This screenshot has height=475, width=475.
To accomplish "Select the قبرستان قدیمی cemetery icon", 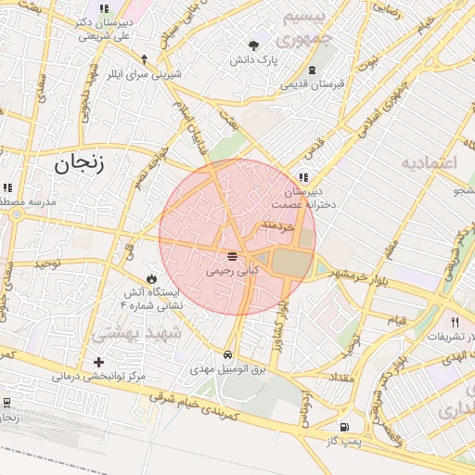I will (313, 69).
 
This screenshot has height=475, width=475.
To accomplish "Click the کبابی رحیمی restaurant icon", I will (231, 256).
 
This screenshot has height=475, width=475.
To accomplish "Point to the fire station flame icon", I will (151, 277).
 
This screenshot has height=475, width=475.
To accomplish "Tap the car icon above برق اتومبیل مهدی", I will (228, 354).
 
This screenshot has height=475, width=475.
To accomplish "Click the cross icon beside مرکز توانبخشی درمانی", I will (99, 361).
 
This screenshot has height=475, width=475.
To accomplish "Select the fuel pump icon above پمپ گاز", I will (345, 427).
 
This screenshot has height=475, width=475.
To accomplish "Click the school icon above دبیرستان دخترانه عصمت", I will (303, 177).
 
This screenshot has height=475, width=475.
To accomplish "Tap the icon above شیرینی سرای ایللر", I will (143, 58).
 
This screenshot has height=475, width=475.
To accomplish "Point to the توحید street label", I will (46, 264).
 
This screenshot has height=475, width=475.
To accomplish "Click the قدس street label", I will (315, 145).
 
